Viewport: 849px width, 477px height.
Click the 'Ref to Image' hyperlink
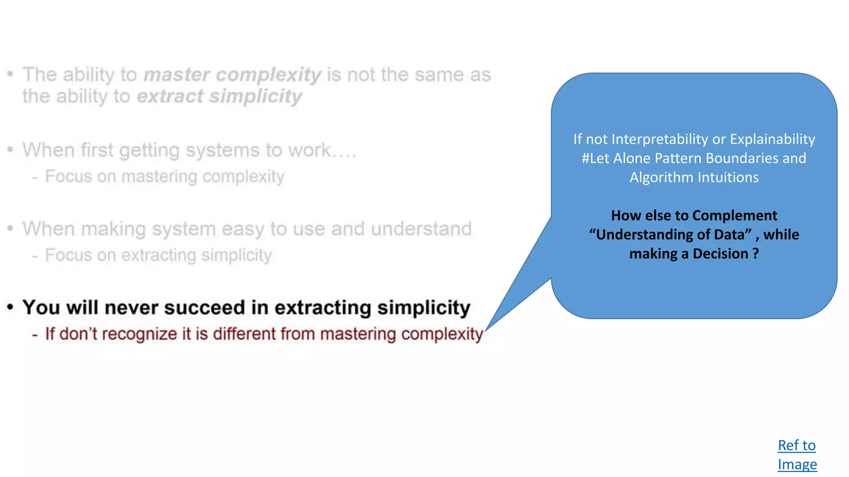pos(797,455)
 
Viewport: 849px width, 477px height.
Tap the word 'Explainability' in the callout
pos(772,139)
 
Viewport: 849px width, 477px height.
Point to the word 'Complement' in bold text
pos(735,215)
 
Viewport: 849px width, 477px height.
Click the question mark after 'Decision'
pos(756,253)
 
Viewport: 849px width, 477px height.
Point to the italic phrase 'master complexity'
pos(232,75)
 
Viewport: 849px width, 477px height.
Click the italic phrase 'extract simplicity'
pos(219,96)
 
